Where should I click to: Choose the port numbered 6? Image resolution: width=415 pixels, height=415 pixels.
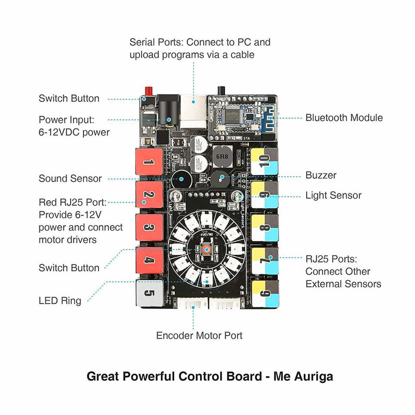click(x=265, y=294)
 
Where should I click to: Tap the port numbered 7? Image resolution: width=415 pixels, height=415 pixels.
click(x=265, y=260)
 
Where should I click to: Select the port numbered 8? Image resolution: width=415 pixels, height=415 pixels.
click(x=265, y=228)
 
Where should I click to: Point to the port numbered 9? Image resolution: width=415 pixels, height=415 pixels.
click(x=265, y=195)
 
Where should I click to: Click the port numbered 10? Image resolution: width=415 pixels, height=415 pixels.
click(x=265, y=162)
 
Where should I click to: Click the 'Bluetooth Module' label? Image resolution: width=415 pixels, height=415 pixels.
click(x=344, y=118)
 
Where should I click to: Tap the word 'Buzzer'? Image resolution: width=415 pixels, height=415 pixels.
click(x=321, y=175)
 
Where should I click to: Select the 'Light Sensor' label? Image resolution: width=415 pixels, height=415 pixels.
click(x=333, y=196)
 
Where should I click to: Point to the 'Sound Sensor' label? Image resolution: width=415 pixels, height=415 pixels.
click(x=70, y=178)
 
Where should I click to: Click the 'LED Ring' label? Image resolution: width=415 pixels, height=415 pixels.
click(x=60, y=301)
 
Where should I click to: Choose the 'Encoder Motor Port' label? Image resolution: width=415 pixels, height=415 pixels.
click(x=199, y=336)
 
